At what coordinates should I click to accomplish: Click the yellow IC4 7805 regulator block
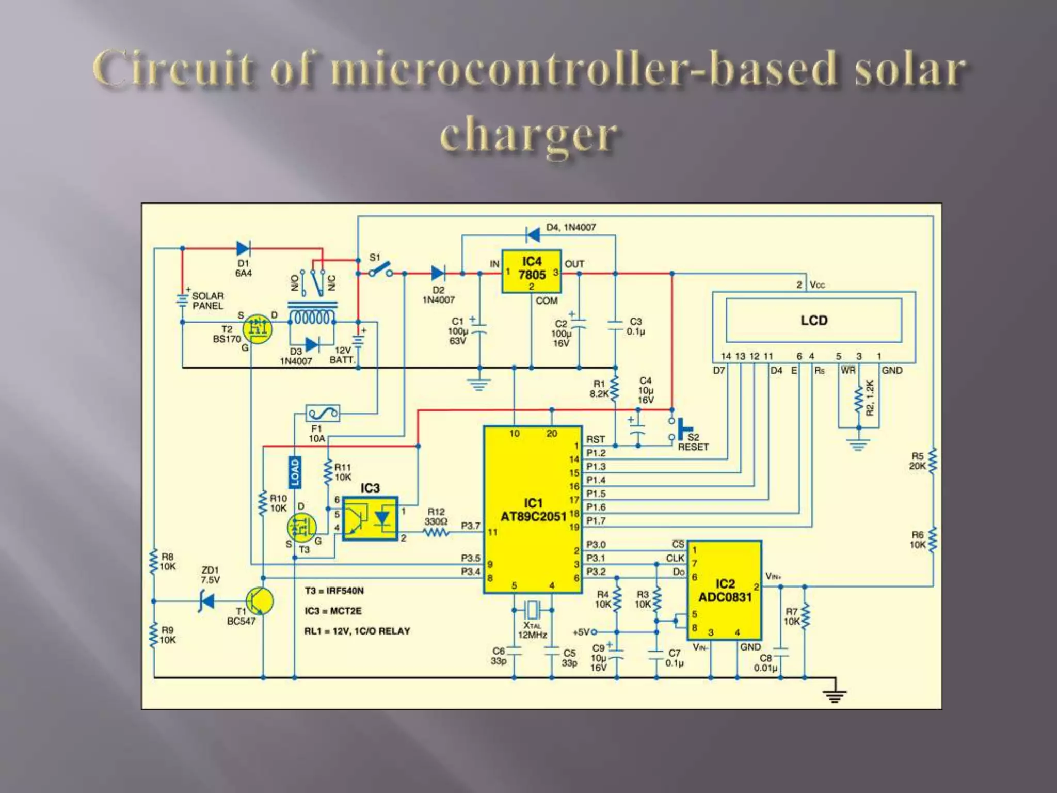(532, 272)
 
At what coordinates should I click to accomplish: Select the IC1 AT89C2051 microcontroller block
(533, 510)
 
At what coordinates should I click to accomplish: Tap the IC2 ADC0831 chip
(725, 590)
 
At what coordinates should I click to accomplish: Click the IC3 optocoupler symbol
(370, 518)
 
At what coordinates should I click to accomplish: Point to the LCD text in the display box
(814, 321)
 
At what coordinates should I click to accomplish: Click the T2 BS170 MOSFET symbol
(257, 328)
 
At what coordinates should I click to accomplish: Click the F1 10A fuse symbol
(323, 413)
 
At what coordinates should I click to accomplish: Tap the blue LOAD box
(294, 472)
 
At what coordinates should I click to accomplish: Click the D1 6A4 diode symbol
(243, 248)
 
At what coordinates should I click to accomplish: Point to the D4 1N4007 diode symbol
(533, 235)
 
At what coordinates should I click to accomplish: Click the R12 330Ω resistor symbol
(437, 532)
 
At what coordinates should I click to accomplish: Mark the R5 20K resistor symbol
(933, 461)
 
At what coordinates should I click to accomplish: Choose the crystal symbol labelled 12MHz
(533, 610)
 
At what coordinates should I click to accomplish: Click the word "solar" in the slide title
(909, 69)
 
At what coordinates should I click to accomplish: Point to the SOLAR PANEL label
(208, 300)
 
